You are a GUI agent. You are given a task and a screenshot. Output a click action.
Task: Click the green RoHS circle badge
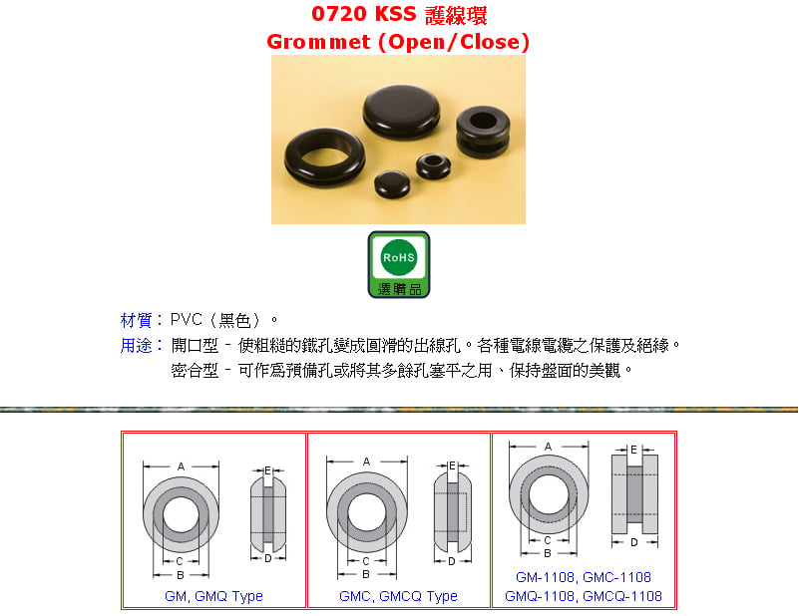tap(398, 257)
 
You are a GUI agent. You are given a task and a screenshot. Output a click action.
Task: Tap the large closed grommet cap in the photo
tap(402, 112)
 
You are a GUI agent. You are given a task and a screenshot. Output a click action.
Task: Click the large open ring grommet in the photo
tap(324, 157)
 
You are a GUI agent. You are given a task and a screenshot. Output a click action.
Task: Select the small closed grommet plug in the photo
tap(392, 184)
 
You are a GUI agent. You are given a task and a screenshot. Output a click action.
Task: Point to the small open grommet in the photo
tap(433, 166)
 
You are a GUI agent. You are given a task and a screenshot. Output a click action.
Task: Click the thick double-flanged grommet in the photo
tap(483, 132)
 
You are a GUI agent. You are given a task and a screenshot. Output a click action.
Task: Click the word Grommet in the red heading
tap(318, 42)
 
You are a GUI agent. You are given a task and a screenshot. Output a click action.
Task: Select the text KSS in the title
tap(395, 14)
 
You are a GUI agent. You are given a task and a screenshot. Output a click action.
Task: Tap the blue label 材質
tap(136, 320)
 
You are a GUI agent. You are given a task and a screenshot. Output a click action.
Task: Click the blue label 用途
tap(136, 346)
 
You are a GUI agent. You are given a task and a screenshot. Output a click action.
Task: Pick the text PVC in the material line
tap(186, 320)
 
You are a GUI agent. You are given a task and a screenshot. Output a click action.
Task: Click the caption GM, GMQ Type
tap(213, 596)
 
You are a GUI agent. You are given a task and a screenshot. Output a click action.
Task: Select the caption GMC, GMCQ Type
tap(398, 596)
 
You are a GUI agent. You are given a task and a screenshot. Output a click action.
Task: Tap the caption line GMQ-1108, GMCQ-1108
tap(583, 596)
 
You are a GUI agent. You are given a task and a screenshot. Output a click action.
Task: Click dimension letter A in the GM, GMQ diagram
tap(181, 466)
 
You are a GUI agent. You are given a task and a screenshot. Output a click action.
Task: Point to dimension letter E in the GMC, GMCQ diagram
tap(452, 465)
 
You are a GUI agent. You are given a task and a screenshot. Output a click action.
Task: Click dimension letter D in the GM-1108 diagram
tap(633, 542)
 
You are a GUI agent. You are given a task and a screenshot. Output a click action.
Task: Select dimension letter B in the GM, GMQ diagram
tap(180, 575)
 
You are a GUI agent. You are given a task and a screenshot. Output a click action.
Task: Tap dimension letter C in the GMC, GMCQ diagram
tap(366, 561)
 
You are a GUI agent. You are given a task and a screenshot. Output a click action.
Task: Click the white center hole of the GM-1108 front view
tap(549, 494)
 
